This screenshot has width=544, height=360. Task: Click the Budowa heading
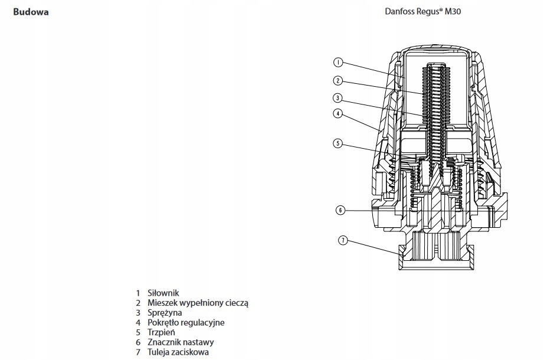(31, 12)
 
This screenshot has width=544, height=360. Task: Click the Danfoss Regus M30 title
(423, 11)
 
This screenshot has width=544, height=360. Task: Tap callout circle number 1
(338, 63)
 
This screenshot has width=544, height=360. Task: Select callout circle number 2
(338, 81)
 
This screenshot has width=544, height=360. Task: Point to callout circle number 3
(337, 98)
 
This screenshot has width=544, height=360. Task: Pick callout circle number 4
(337, 113)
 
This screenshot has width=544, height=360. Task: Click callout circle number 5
(337, 143)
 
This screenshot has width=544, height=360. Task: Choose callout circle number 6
(340, 210)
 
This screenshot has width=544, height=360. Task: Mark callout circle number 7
(343, 240)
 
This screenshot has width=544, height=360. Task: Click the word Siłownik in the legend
(163, 293)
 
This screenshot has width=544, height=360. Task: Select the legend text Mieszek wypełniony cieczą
(198, 303)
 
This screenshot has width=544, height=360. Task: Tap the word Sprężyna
(165, 313)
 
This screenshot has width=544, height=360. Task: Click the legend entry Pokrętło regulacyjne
(186, 322)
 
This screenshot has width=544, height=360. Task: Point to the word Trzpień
(161, 332)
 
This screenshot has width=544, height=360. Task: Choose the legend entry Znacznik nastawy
(181, 342)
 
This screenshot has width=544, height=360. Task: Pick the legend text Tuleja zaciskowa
(178, 352)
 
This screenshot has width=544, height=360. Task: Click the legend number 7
(138, 352)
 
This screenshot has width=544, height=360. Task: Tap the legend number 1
(138, 293)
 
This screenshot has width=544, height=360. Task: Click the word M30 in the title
(453, 11)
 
